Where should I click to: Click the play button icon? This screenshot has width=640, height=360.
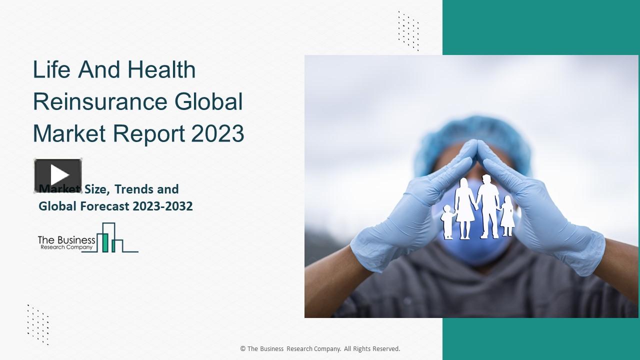[x=58, y=175]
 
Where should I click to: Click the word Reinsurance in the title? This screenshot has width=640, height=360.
[x=99, y=101]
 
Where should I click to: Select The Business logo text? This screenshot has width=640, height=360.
[x=66, y=240]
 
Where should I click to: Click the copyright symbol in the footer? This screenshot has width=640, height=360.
[x=243, y=349]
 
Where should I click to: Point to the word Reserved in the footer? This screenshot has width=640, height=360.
[x=385, y=349]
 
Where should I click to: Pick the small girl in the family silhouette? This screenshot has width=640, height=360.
[x=507, y=216]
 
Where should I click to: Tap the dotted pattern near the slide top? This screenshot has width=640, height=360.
[x=408, y=30]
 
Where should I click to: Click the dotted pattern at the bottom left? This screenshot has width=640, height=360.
[x=38, y=324]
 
